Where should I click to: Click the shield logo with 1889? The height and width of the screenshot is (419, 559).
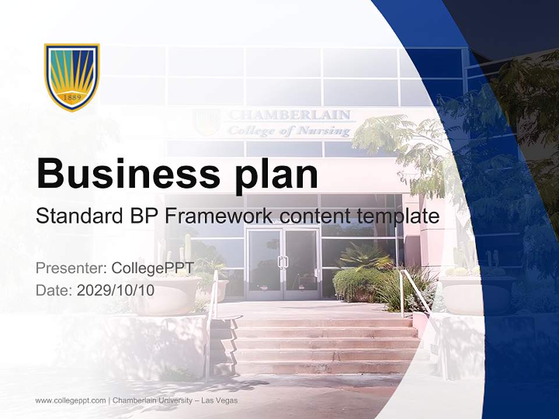coord(72,76)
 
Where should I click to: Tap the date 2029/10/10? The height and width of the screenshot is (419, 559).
coord(116,290)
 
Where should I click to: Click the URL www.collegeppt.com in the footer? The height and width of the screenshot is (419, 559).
coord(70,400)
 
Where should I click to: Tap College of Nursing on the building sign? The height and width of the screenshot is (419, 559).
coord(289,131)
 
